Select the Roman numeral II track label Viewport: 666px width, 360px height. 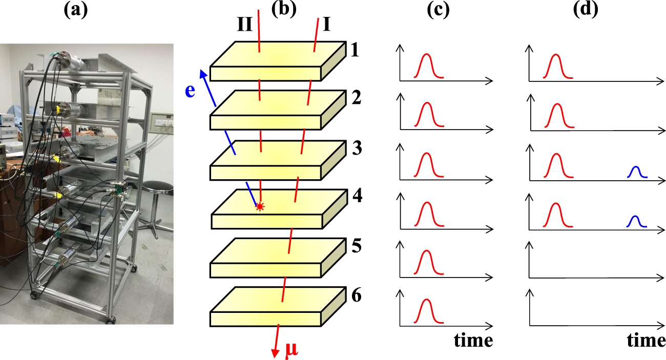click(245, 24)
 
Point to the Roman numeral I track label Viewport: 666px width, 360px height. click(326, 24)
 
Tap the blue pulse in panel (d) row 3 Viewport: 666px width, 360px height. click(635, 173)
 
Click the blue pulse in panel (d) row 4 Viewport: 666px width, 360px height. click(635, 221)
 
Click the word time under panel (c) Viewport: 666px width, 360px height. click(473, 341)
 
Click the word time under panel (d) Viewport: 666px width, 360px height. click(646, 341)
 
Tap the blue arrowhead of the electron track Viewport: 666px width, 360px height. click(203, 72)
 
